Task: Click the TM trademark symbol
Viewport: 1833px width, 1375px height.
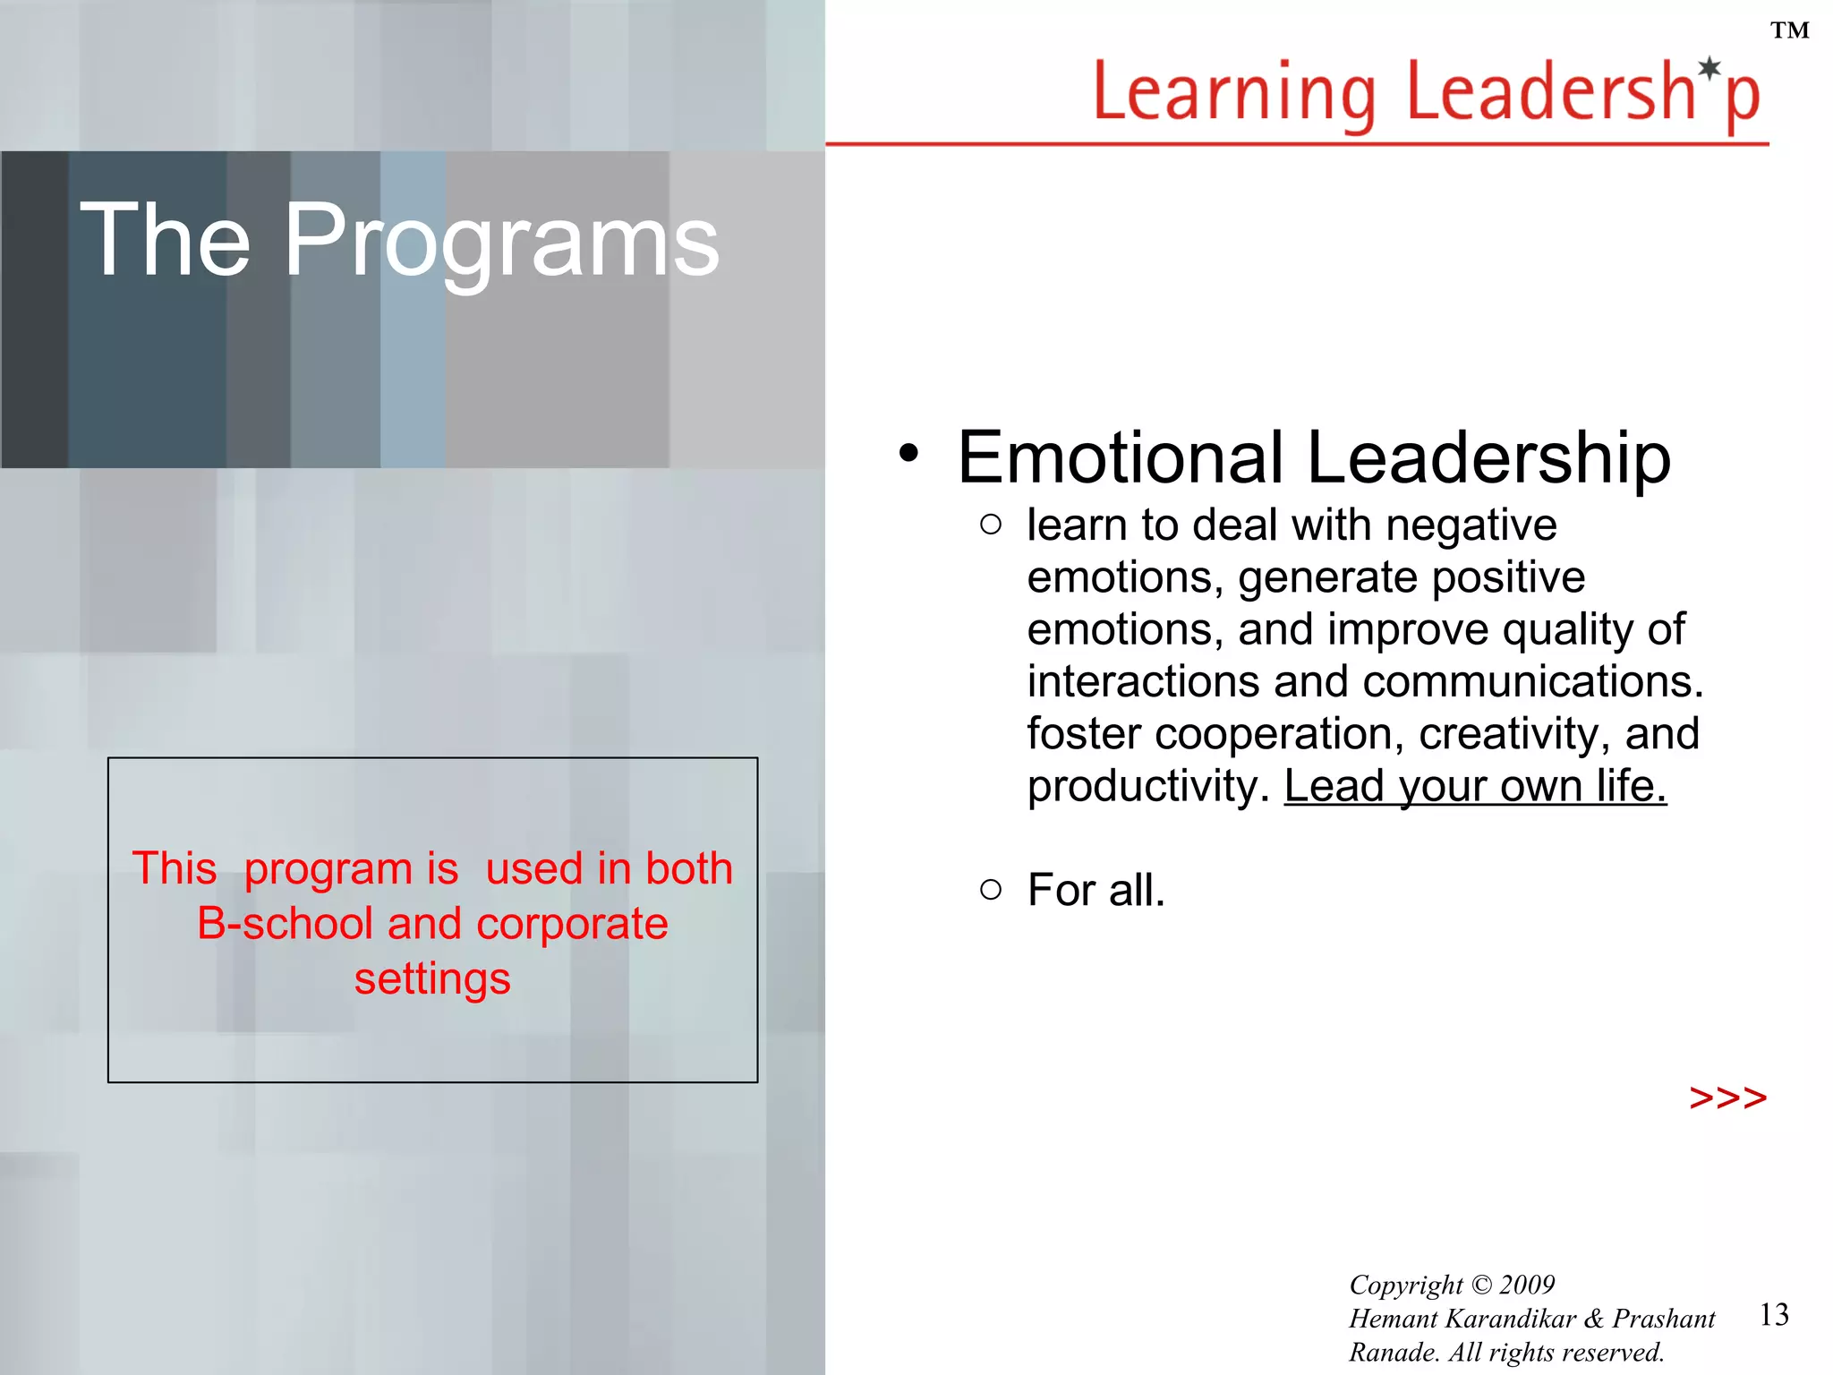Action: click(1789, 31)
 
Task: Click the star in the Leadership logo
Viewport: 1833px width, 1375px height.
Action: click(1709, 68)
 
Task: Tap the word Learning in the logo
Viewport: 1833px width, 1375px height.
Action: click(1235, 94)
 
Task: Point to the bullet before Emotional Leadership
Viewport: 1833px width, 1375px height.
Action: click(908, 453)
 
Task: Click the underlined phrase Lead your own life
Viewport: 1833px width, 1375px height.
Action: click(1475, 786)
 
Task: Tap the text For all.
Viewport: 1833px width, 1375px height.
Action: click(1096, 890)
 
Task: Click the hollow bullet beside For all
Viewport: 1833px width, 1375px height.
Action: click(990, 889)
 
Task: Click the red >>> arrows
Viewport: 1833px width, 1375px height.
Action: click(1727, 1097)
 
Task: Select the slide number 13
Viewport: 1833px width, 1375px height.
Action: click(1774, 1314)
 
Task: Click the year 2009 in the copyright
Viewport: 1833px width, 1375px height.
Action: click(1527, 1285)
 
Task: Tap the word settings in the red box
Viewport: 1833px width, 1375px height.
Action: click(432, 978)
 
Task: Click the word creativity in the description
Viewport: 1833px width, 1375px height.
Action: click(1508, 734)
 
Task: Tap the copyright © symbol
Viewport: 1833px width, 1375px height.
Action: click(1481, 1285)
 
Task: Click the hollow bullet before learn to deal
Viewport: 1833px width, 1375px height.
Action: click(990, 525)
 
